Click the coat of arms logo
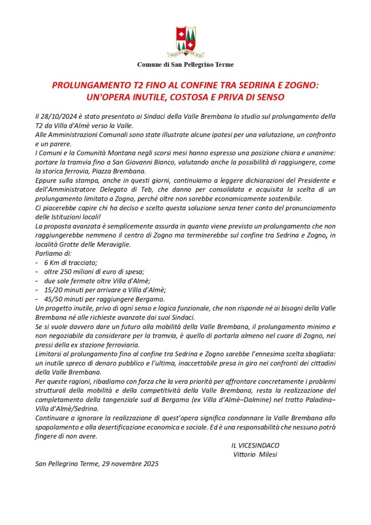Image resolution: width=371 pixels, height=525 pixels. coord(185,42)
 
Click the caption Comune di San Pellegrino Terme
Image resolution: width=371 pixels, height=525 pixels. coord(185,65)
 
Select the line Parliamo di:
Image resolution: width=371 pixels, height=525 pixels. coord(54,253)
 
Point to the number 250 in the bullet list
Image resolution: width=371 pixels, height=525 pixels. coord(70,272)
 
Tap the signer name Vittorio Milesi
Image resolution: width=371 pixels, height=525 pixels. coord(255,455)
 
